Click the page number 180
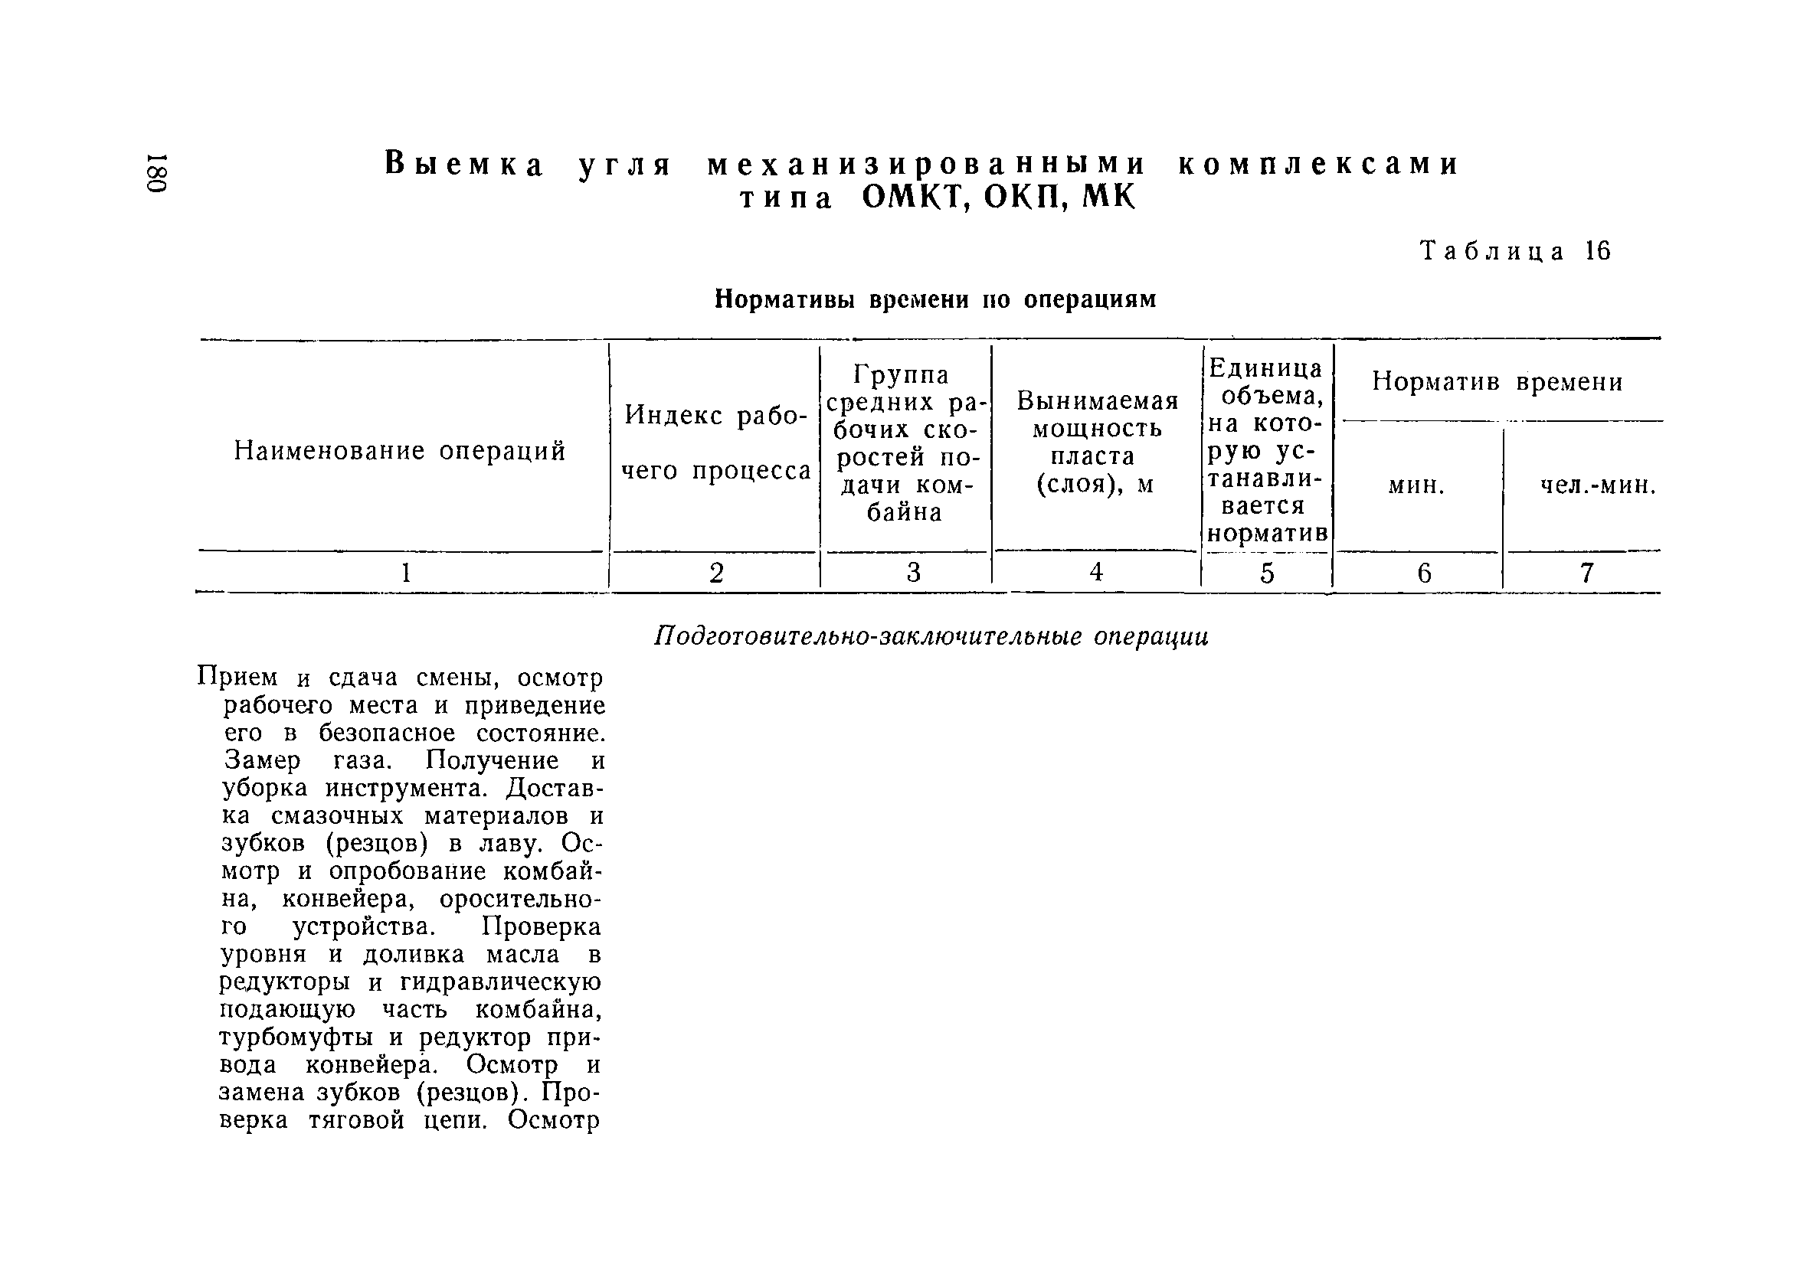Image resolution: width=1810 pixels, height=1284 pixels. tap(156, 172)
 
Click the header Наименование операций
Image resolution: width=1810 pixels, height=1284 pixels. tap(400, 451)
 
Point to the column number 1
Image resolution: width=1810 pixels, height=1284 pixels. tap(406, 573)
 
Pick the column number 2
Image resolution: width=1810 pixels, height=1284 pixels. tap(716, 573)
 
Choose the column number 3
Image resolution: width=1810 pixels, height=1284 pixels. tap(913, 573)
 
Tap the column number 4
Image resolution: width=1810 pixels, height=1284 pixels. tap(1096, 572)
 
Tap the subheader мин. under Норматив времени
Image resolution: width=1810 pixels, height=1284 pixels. tap(1416, 485)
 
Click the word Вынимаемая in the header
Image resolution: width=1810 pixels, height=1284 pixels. tap(1098, 401)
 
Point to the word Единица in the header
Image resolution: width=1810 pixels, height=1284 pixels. tap(1265, 368)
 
